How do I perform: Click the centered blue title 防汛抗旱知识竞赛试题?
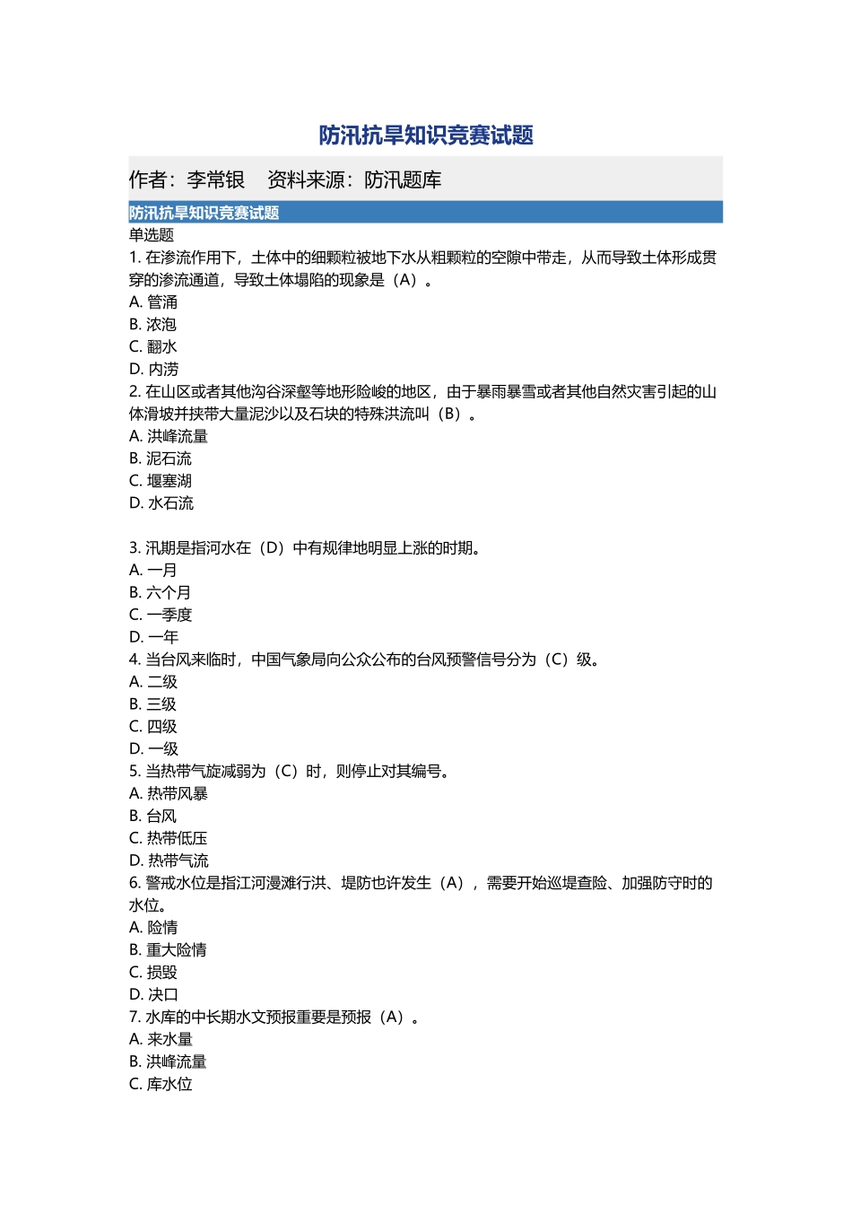pyautogui.click(x=426, y=135)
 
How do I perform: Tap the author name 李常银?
pyautogui.click(x=215, y=180)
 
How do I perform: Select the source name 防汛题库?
pyautogui.click(x=403, y=180)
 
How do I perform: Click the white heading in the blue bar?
pyautogui.click(x=204, y=213)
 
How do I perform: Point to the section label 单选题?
pyautogui.click(x=152, y=235)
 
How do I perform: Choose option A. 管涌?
pyautogui.click(x=153, y=302)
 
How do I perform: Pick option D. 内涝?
pyautogui.click(x=154, y=369)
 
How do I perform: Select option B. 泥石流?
pyautogui.click(x=161, y=459)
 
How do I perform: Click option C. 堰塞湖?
pyautogui.click(x=161, y=481)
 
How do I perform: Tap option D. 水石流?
pyautogui.click(x=161, y=503)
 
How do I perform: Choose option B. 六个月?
pyautogui.click(x=160, y=592)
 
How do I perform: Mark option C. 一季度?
pyautogui.click(x=161, y=615)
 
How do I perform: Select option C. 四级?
pyautogui.click(x=153, y=727)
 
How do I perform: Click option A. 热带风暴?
pyautogui.click(x=169, y=793)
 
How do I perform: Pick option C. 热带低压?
pyautogui.click(x=169, y=838)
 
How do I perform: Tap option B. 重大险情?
pyautogui.click(x=168, y=949)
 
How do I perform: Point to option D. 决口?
pyautogui.click(x=154, y=994)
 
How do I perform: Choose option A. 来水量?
pyautogui.click(x=161, y=1039)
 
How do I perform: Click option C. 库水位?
pyautogui.click(x=161, y=1084)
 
